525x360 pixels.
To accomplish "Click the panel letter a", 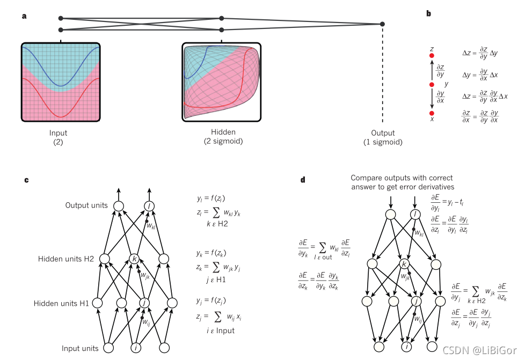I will (24, 16).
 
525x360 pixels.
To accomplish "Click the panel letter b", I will (429, 13).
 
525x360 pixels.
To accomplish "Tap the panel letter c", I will (27, 180).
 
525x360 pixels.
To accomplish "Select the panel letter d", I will (303, 180).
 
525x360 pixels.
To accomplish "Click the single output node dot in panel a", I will (382, 24).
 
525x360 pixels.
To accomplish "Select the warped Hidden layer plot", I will (221, 82).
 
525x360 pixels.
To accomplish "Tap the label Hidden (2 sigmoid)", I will (221, 136).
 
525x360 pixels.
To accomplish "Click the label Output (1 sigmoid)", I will (382, 137).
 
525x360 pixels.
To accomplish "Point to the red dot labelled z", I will (432, 55).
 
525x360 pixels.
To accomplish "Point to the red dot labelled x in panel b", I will (432, 113).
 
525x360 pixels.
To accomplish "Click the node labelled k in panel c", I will (135, 259).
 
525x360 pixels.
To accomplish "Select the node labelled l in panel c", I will (150, 206).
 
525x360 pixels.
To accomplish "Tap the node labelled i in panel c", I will (137, 348).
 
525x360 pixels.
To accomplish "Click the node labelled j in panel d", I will (415, 301).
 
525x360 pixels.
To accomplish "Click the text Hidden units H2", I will (67, 259).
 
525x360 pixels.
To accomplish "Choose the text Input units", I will (80, 348).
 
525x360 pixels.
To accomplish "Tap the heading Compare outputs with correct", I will (402, 178).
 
